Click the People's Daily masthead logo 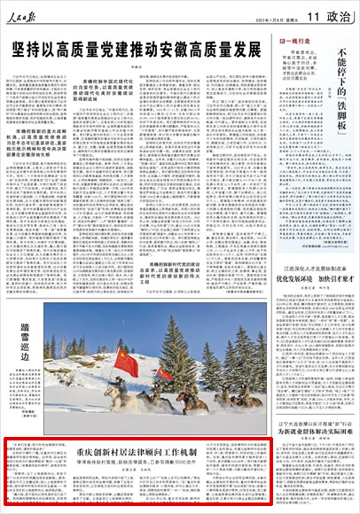[x=32, y=15]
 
